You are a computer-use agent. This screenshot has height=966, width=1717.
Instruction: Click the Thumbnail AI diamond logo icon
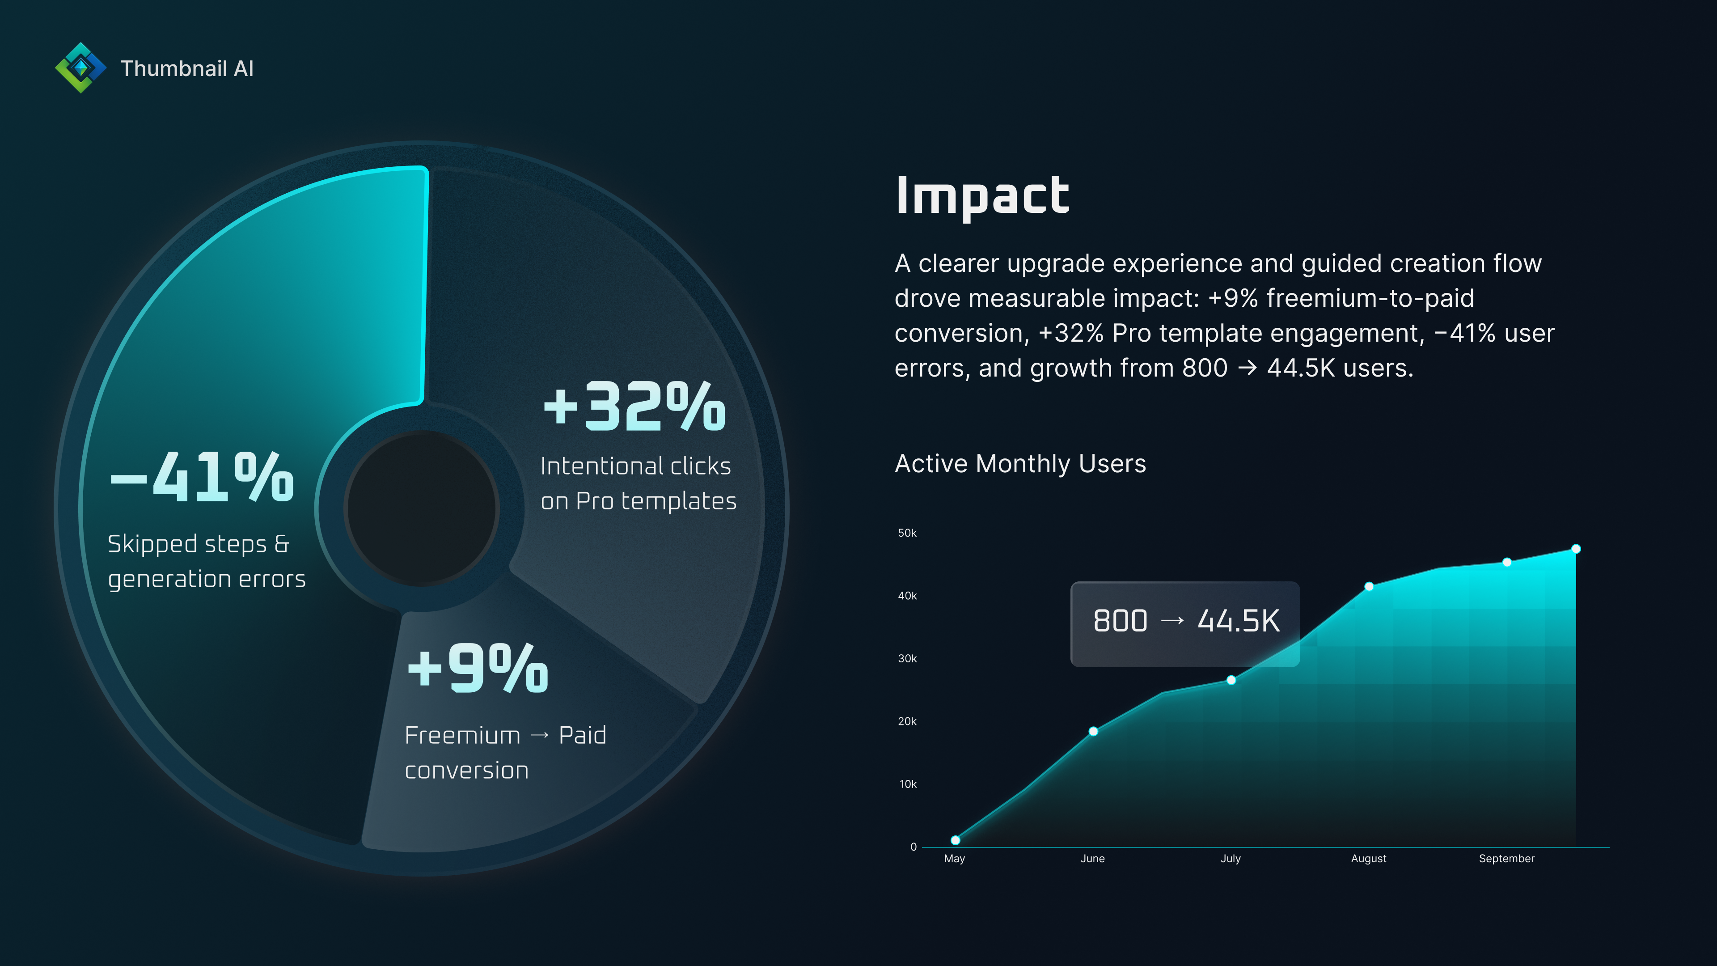(x=80, y=68)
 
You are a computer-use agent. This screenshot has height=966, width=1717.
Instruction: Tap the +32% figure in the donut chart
(x=634, y=406)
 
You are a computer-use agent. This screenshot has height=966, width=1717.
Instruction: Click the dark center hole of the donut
(x=421, y=508)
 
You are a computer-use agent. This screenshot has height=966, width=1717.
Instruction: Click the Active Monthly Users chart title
(x=1020, y=463)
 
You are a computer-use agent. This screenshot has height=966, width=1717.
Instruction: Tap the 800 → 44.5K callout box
(x=1185, y=621)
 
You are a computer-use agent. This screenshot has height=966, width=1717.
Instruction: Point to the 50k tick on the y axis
(x=907, y=533)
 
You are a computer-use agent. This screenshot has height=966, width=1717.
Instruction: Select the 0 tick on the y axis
(x=913, y=847)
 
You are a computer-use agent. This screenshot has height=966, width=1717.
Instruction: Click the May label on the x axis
(x=955, y=859)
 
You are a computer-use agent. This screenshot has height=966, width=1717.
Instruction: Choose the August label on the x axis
(x=1368, y=859)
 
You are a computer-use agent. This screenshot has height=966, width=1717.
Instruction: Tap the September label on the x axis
(x=1506, y=859)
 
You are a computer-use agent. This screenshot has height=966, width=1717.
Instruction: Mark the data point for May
(x=955, y=840)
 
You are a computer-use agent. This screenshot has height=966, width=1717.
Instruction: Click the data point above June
(x=1093, y=731)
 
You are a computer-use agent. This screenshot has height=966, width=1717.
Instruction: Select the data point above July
(x=1231, y=680)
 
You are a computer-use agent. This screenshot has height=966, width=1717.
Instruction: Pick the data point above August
(x=1369, y=587)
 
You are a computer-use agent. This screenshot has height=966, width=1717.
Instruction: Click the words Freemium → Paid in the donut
(x=505, y=735)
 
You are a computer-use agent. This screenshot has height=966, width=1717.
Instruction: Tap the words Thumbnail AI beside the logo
(x=186, y=69)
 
